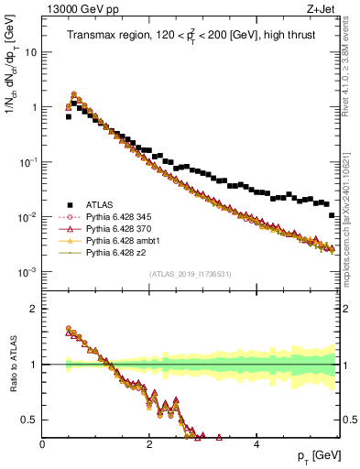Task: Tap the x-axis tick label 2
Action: coord(149,444)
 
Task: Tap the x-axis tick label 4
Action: coord(256,444)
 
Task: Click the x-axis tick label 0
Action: coord(43,444)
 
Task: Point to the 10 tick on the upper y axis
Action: coord(30,52)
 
